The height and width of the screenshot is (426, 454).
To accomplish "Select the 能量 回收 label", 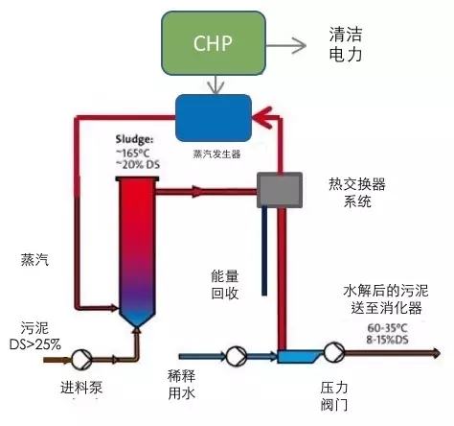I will [x=227, y=285].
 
